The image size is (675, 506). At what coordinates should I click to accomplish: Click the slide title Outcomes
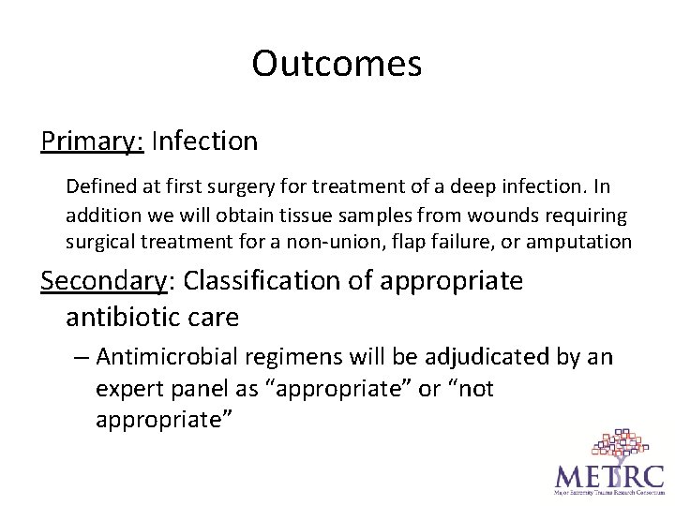pyautogui.click(x=337, y=64)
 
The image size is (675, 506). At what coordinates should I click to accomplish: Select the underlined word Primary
pyautogui.click(x=91, y=141)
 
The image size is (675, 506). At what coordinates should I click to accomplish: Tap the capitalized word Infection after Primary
pyautogui.click(x=203, y=141)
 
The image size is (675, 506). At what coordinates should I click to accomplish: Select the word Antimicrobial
pyautogui.click(x=168, y=357)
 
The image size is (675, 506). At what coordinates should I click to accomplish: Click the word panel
pyautogui.click(x=192, y=388)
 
